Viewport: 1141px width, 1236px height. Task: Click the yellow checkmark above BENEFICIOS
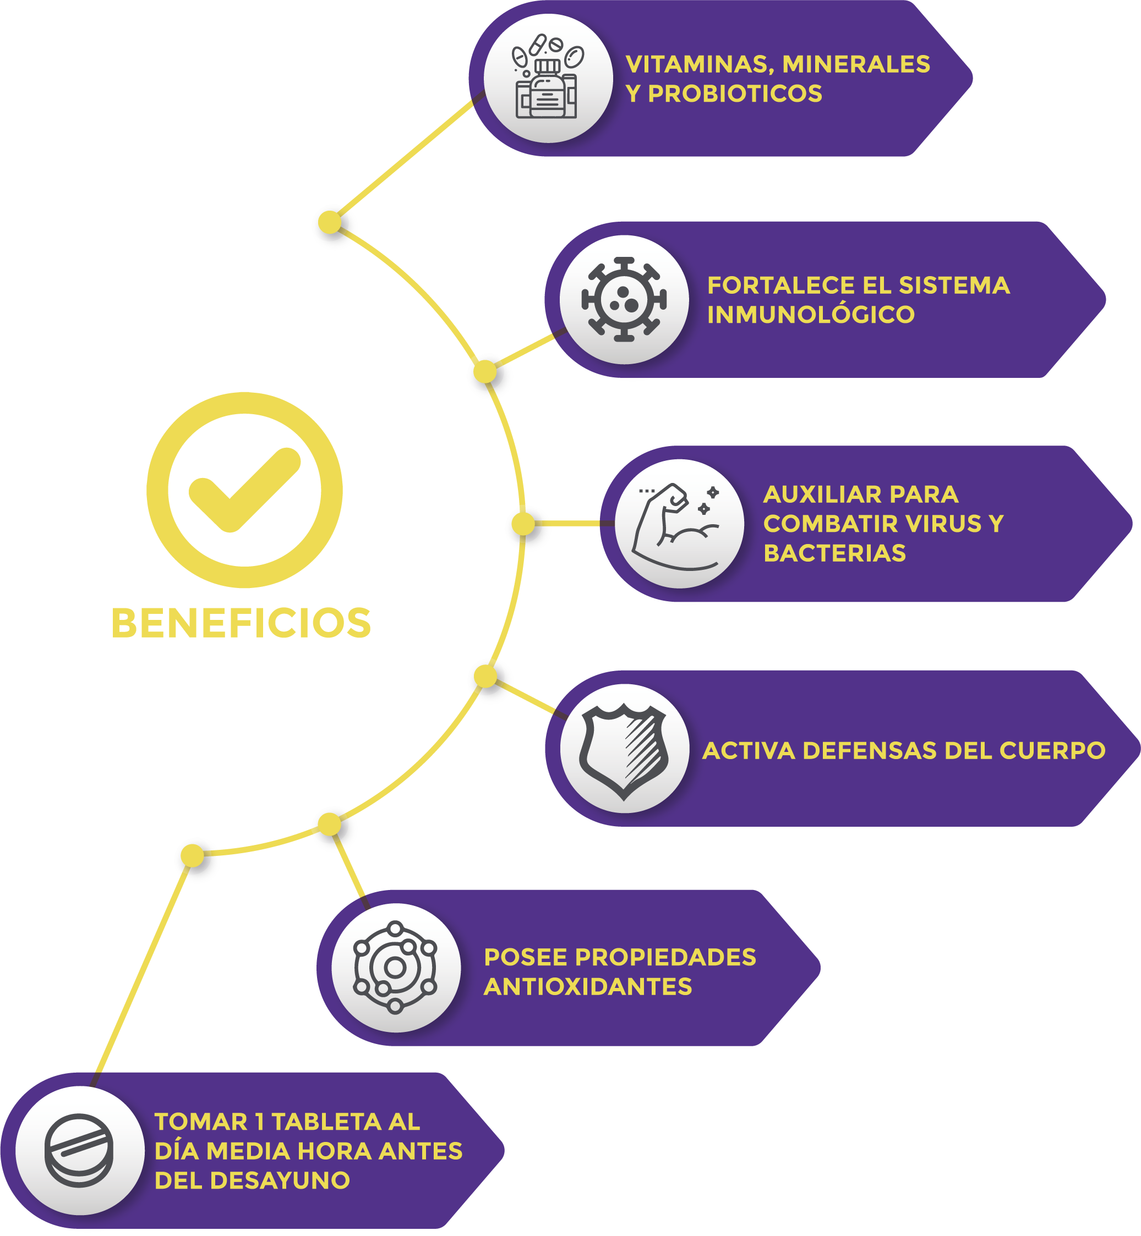pyautogui.click(x=244, y=490)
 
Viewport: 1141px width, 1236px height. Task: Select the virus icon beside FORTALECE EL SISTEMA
pyautogui.click(x=624, y=299)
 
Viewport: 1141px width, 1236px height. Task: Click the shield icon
pyautogui.click(x=624, y=749)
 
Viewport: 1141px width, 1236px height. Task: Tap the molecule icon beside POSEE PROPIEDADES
pyautogui.click(x=396, y=968)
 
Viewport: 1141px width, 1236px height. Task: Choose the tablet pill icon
pyautogui.click(x=80, y=1150)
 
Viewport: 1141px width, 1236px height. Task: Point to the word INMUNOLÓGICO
pyautogui.click(x=811, y=315)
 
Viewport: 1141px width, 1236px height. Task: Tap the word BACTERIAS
pyautogui.click(x=834, y=553)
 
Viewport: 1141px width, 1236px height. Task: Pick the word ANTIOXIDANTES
pyautogui.click(x=587, y=987)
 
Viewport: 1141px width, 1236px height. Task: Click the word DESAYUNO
pyautogui.click(x=280, y=1180)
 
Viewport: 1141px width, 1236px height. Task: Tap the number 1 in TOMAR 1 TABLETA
pyautogui.click(x=259, y=1122)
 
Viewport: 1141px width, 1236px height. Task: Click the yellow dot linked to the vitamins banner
pyautogui.click(x=330, y=222)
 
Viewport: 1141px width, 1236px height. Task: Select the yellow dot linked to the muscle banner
pyautogui.click(x=523, y=524)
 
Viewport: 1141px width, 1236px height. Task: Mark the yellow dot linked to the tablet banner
pyautogui.click(x=192, y=855)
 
